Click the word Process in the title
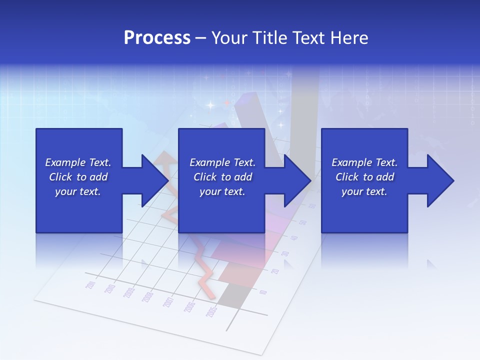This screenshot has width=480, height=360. coord(157,38)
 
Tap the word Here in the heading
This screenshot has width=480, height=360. coord(348,38)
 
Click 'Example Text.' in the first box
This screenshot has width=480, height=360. coord(78,162)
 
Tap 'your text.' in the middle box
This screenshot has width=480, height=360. coord(222,191)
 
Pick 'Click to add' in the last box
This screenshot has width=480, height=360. coord(364,177)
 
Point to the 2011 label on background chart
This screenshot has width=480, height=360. coord(91,285)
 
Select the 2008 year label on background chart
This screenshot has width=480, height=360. coord(147,297)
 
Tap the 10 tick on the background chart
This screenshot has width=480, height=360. coord(263,292)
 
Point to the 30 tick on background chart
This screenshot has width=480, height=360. coord(285,254)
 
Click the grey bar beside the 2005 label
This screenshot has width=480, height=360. coord(230,294)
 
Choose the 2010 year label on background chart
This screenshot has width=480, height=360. coord(110,289)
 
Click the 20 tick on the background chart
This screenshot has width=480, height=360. coord(274,271)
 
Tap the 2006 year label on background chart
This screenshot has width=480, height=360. coord(190,307)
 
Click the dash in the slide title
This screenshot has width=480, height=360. coord(201,38)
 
